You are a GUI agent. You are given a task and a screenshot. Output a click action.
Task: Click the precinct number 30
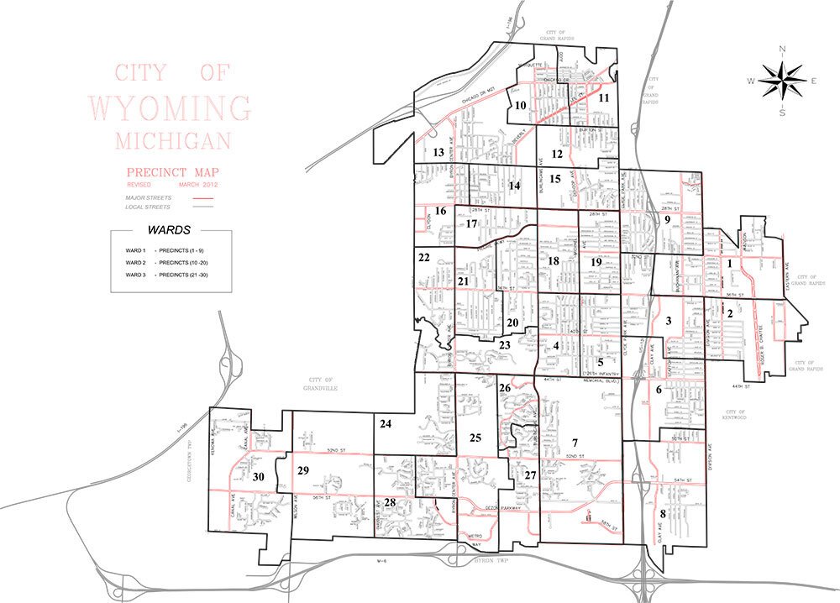[x=258, y=477]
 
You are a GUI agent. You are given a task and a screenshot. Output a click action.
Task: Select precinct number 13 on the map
[x=438, y=152]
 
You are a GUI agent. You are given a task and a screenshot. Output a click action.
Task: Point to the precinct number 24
[x=386, y=424]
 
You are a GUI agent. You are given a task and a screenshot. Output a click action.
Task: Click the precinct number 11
[x=603, y=97]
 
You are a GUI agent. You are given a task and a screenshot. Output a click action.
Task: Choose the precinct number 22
[x=424, y=257]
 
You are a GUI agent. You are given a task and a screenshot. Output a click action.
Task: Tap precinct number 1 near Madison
[x=730, y=264]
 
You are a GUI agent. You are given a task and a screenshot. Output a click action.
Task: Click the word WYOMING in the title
[x=170, y=107]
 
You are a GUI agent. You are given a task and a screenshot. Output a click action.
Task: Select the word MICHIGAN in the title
[x=169, y=138]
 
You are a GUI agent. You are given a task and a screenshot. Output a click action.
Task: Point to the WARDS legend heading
[x=168, y=228]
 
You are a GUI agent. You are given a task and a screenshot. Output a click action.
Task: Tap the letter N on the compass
[x=782, y=50]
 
